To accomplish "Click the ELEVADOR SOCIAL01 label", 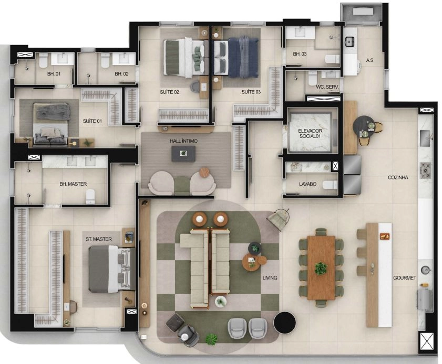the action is tap(310, 134).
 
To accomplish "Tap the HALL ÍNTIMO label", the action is tap(183, 141).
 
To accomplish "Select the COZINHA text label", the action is tap(398, 177).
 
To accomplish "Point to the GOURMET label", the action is tap(405, 278).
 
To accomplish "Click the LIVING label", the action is tap(270, 278).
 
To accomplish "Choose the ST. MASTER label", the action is tap(99, 239).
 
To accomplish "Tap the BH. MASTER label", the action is tap(73, 184).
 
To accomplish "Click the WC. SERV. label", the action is tap(327, 87).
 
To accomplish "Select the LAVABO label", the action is tap(307, 184).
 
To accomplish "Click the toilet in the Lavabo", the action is tap(330, 185).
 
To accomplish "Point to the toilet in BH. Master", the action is tap(90, 196).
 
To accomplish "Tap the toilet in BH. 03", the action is tap(332, 59).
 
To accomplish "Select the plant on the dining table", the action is tap(321, 268).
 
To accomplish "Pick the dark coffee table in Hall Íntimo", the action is tap(183, 154).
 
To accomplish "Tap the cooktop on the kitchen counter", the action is tap(425, 170).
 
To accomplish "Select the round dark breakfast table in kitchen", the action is tap(364, 126).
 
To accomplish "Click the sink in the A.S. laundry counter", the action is tap(350, 42).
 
